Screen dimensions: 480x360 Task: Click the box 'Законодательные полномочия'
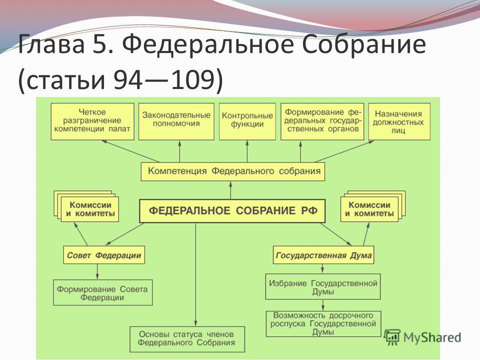pyautogui.click(x=176, y=121)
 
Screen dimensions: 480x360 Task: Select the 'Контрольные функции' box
pyautogui.click(x=247, y=121)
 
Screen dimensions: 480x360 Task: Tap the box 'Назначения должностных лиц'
pyautogui.click(x=399, y=121)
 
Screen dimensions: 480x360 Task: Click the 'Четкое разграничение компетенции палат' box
pyautogui.click(x=92, y=121)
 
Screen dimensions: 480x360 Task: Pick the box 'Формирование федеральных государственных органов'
pyautogui.click(x=322, y=121)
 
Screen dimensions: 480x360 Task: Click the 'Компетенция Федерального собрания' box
pyautogui.click(x=233, y=171)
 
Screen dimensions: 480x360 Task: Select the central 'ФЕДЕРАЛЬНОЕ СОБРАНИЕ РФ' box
pyautogui.click(x=232, y=211)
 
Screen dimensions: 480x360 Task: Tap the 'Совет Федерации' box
pyautogui.click(x=104, y=254)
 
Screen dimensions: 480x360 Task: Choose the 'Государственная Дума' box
pyautogui.click(x=323, y=254)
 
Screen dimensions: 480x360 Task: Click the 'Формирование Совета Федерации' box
pyautogui.click(x=103, y=292)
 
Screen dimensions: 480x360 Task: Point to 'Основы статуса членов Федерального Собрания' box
pyautogui.click(x=187, y=339)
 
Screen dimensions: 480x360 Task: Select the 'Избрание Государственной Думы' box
pyautogui.click(x=323, y=286)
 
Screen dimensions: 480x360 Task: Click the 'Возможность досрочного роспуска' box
pyautogui.click(x=323, y=324)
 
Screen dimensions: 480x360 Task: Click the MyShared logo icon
pyautogui.click(x=392, y=337)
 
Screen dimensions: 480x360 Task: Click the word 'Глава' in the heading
pyautogui.click(x=51, y=44)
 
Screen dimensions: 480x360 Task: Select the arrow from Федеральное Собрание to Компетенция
pyautogui.click(x=231, y=190)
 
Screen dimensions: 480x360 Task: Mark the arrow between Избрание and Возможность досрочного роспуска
pyautogui.click(x=323, y=305)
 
